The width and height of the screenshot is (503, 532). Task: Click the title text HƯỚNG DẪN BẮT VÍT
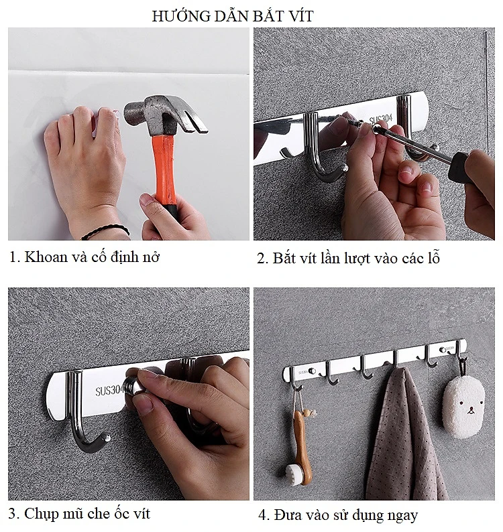[232, 16]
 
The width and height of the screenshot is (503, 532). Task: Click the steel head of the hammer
[161, 113]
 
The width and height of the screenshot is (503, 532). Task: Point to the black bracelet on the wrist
[105, 232]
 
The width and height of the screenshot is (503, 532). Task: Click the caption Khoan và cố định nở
[85, 257]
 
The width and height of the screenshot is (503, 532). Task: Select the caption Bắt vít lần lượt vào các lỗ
[348, 258]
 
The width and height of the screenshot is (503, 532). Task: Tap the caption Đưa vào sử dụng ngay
[338, 515]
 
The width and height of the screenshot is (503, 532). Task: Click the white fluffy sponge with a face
[465, 405]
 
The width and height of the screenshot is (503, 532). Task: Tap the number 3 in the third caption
[13, 515]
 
